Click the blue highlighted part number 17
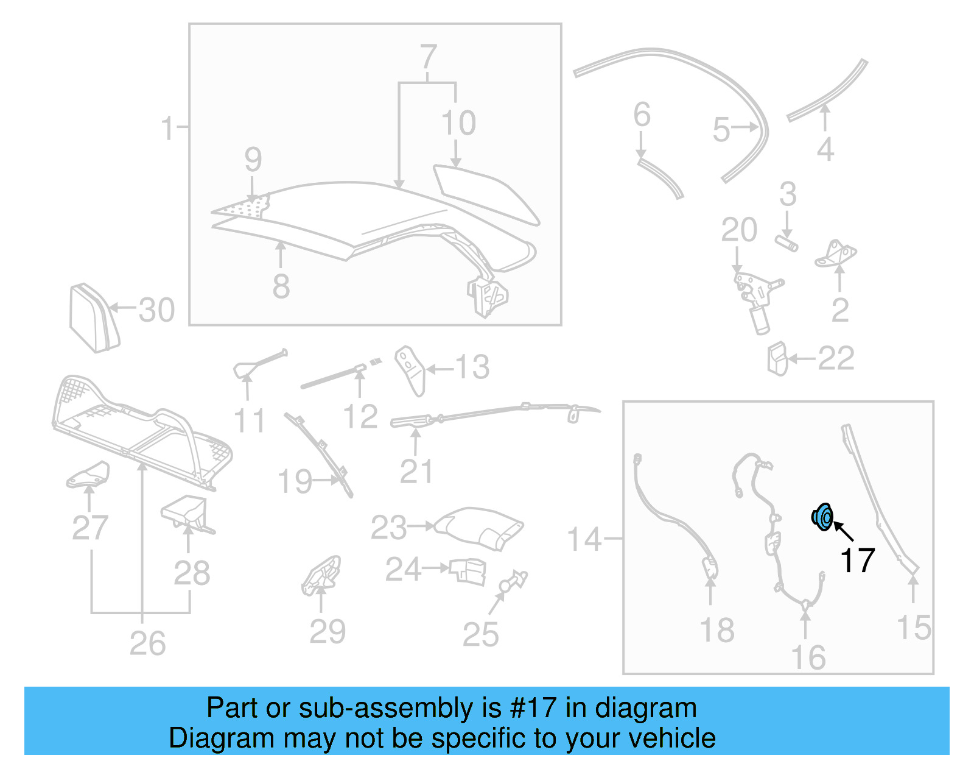822,517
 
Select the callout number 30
156,311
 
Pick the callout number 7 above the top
429,57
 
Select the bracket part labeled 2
836,255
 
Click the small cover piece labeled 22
777,358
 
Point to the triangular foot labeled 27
89,475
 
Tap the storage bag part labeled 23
481,528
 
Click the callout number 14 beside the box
584,540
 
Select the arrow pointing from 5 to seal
744,127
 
